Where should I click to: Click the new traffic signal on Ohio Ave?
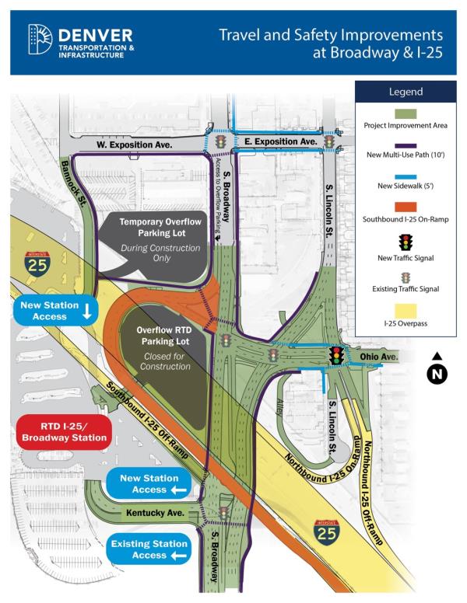tap(337, 356)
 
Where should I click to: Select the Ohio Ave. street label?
tap(379, 357)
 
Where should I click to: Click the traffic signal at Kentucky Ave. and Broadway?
tap(223, 513)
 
